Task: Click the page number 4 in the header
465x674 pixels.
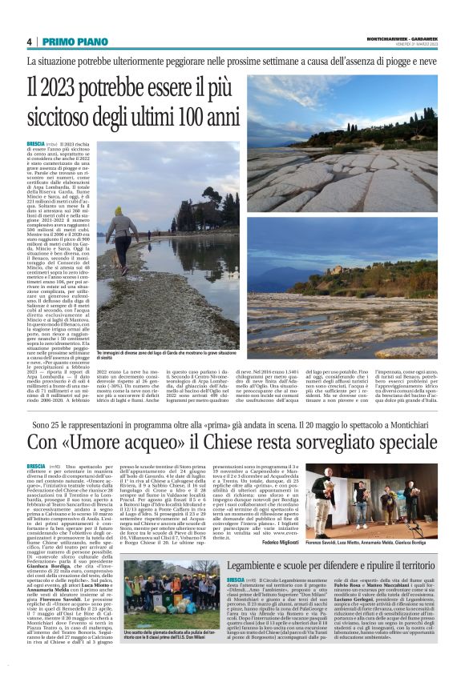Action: click(x=29, y=42)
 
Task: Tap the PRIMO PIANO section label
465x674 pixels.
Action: click(x=69, y=42)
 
